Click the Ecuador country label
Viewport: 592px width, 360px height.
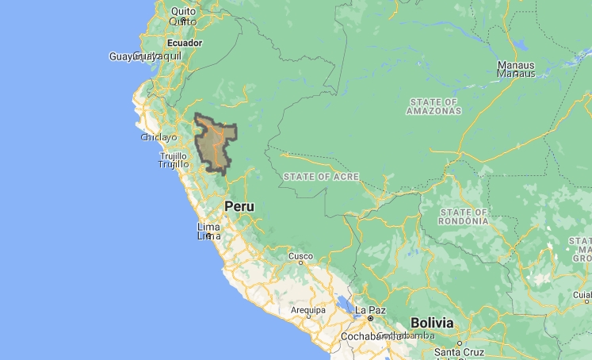(x=185, y=43)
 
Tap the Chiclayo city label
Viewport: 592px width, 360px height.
(x=159, y=137)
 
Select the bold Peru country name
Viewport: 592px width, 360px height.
(x=239, y=206)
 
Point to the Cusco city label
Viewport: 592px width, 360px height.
(x=300, y=257)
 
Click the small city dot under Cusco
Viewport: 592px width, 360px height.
(x=300, y=266)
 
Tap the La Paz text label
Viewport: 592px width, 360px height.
(x=370, y=309)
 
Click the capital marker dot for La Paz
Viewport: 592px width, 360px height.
(x=370, y=319)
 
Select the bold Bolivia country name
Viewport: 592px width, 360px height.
(x=432, y=323)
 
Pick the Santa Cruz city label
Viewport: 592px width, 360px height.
(x=458, y=351)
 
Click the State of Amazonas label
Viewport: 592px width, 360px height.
(x=433, y=106)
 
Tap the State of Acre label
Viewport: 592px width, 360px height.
(x=321, y=176)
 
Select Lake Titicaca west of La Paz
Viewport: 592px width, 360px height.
(x=346, y=304)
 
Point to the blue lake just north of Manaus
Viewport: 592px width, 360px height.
(x=519, y=45)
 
